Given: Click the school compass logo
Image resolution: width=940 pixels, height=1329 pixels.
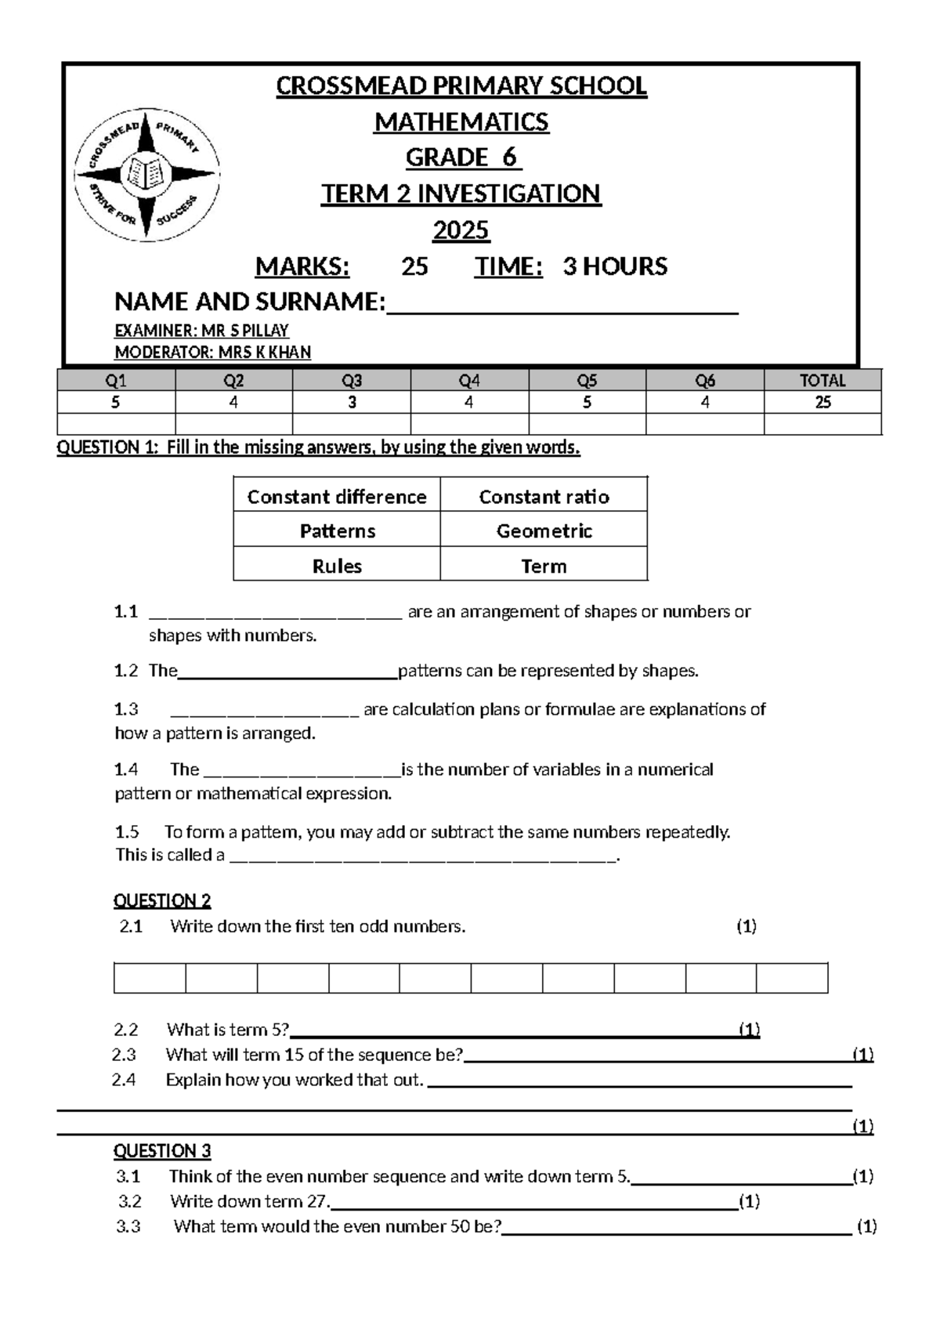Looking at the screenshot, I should (x=146, y=174).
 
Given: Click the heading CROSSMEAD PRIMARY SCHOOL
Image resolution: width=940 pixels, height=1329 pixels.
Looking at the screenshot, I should (x=461, y=85).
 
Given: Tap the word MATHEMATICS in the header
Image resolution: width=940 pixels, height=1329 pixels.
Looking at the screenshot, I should (x=461, y=122).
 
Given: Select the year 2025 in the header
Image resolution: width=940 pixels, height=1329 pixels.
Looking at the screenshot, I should (x=461, y=230).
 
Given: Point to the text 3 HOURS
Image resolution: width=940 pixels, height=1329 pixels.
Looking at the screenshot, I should (x=615, y=266).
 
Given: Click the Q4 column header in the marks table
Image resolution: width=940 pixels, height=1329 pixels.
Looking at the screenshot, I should (x=469, y=381).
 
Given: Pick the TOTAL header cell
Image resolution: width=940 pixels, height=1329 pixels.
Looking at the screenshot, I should (x=822, y=381).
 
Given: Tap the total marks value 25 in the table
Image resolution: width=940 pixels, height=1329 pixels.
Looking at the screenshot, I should (x=822, y=403).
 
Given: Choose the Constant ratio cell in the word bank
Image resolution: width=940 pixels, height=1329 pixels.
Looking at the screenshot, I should (x=544, y=497).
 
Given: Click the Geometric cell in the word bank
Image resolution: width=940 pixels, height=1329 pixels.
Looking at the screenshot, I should (x=544, y=531).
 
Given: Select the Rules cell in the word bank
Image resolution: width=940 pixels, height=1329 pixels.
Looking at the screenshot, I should (x=337, y=566).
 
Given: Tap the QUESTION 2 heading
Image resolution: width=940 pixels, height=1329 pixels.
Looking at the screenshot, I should (x=162, y=900).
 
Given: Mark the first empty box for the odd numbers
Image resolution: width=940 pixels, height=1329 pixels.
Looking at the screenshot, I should (x=150, y=978).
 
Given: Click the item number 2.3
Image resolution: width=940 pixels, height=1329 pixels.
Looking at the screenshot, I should (x=124, y=1055).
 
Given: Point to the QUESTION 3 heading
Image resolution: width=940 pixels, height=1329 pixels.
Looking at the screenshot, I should (x=162, y=1151).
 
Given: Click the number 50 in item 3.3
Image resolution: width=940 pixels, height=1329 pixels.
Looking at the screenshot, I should (x=460, y=1226).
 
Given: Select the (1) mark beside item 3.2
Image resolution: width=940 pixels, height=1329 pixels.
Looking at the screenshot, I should (x=749, y=1201).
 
